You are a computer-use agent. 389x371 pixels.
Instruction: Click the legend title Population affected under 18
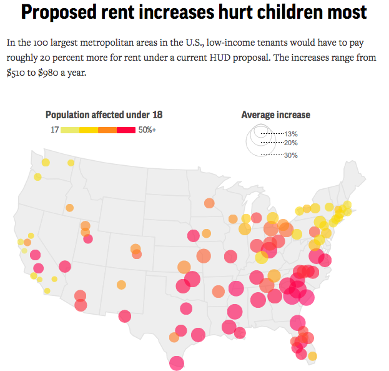[x=104, y=114]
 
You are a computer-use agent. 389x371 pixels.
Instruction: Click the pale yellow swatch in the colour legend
[x=70, y=130]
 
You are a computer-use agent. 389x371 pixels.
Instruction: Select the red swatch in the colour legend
[x=127, y=130]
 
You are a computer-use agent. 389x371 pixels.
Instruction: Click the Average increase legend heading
[x=275, y=114]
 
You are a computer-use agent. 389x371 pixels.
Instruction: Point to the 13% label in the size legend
[x=291, y=134]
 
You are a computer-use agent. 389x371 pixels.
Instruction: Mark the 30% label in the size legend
[x=291, y=155]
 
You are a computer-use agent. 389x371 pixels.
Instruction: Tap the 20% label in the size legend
[x=291, y=143]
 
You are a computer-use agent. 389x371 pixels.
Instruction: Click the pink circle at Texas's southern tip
[x=177, y=362]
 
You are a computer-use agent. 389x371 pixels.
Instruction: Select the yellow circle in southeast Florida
[x=312, y=356]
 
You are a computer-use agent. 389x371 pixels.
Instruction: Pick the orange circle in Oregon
[x=69, y=208]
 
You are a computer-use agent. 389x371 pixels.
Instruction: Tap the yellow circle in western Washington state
[x=45, y=163]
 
